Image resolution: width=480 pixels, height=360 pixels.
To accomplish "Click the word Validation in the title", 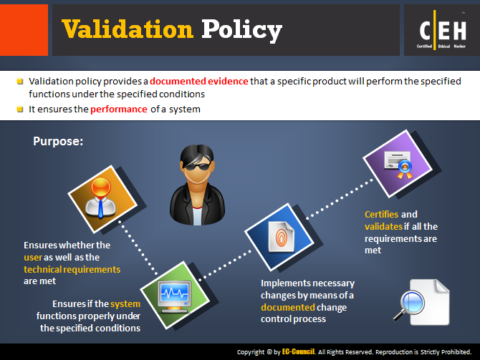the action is (x=128, y=29).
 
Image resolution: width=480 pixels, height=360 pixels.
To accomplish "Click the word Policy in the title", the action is (x=241, y=30).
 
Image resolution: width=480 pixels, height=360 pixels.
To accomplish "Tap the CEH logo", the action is (x=442, y=30).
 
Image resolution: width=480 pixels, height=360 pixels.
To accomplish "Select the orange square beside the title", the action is (x=24, y=30).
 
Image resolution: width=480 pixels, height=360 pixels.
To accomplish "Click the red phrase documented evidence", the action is (x=199, y=81).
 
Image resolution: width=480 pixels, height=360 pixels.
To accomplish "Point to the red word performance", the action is (x=119, y=110).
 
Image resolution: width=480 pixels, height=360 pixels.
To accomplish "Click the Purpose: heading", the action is (x=58, y=141).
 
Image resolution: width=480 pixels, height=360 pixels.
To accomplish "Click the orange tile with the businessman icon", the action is (x=102, y=199).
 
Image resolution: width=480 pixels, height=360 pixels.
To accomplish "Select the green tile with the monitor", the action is (x=175, y=295).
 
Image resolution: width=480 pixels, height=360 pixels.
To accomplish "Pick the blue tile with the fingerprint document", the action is (x=279, y=237).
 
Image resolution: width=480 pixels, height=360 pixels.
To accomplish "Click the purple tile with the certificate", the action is (x=398, y=164).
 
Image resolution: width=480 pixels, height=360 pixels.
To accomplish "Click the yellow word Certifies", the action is (x=382, y=214).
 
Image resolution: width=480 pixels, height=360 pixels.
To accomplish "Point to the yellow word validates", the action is (x=383, y=226).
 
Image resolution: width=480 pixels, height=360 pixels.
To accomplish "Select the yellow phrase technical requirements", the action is (x=72, y=270).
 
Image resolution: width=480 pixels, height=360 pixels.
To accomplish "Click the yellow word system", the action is (x=125, y=304).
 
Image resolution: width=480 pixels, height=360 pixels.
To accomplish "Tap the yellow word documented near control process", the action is (x=288, y=307).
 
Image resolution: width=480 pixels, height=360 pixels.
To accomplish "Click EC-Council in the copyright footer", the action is (x=298, y=351).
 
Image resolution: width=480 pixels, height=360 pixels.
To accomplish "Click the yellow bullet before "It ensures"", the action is (x=20, y=110).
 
